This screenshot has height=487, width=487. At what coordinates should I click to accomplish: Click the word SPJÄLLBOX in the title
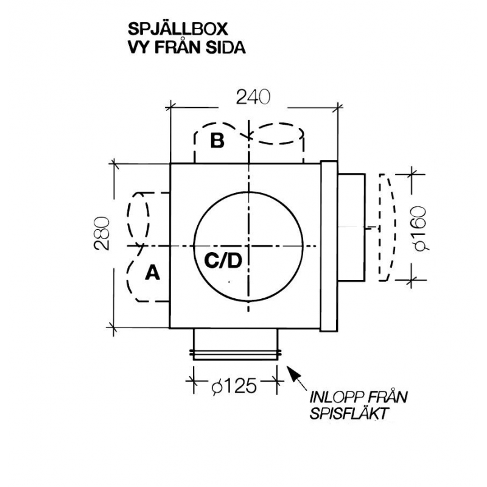click(178, 29)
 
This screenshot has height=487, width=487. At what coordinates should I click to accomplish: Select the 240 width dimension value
click(253, 97)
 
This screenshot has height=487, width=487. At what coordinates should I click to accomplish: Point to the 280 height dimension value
click(102, 233)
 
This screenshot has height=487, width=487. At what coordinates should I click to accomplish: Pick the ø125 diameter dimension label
click(234, 386)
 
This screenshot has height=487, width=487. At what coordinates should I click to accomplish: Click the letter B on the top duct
click(217, 140)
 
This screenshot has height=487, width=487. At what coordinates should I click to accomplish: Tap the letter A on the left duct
click(152, 273)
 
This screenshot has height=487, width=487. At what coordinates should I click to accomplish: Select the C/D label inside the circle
click(223, 261)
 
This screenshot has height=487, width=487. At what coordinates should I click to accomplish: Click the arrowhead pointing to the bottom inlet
click(292, 371)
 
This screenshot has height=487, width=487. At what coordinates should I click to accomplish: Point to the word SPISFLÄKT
click(349, 413)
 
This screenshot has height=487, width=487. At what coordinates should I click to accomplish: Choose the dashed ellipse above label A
click(138, 219)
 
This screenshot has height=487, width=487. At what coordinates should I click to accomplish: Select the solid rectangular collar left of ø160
click(351, 228)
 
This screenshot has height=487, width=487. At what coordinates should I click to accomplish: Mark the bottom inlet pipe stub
click(236, 344)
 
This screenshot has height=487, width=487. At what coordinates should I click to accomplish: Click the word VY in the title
click(139, 48)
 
